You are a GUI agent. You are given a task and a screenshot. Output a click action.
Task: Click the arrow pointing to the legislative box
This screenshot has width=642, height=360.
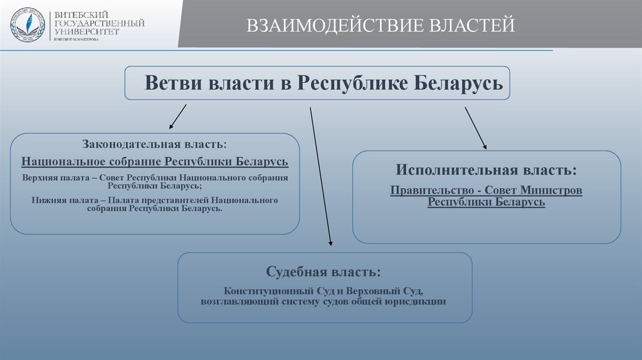click(177, 116)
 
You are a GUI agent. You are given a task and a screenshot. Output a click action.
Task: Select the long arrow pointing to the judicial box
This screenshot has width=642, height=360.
click(320, 176)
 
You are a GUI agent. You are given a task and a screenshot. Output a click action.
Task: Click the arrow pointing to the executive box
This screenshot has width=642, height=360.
click(475, 128)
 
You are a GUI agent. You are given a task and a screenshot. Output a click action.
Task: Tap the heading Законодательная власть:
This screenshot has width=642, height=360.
click(155, 146)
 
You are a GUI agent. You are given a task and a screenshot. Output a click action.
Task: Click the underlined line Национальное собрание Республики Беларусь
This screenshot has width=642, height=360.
click(155, 161)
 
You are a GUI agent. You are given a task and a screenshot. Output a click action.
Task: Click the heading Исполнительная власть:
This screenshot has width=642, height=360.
click(486, 170)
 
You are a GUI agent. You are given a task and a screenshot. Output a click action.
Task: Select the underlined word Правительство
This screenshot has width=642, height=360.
click(433, 190)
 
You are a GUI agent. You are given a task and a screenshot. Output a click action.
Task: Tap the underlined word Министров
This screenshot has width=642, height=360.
click(554, 190)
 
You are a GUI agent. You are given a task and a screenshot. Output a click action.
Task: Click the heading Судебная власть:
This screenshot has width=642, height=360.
click(323, 273)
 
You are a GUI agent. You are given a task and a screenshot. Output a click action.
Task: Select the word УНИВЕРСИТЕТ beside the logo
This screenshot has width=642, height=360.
click(87, 31)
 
